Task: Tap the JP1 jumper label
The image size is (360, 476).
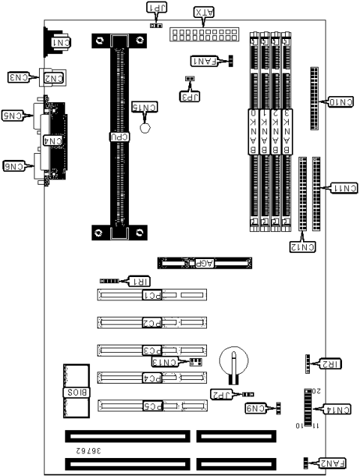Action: pos(157,8)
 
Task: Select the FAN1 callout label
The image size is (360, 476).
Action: pos(203,59)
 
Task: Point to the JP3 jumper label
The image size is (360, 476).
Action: pos(190,95)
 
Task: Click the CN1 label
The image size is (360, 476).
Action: pos(56,44)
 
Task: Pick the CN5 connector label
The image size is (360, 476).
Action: pos(16,116)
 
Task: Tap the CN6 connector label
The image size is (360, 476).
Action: pos(16,166)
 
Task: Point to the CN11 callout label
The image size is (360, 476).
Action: pos(341,187)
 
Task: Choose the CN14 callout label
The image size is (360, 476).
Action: pos(337,409)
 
